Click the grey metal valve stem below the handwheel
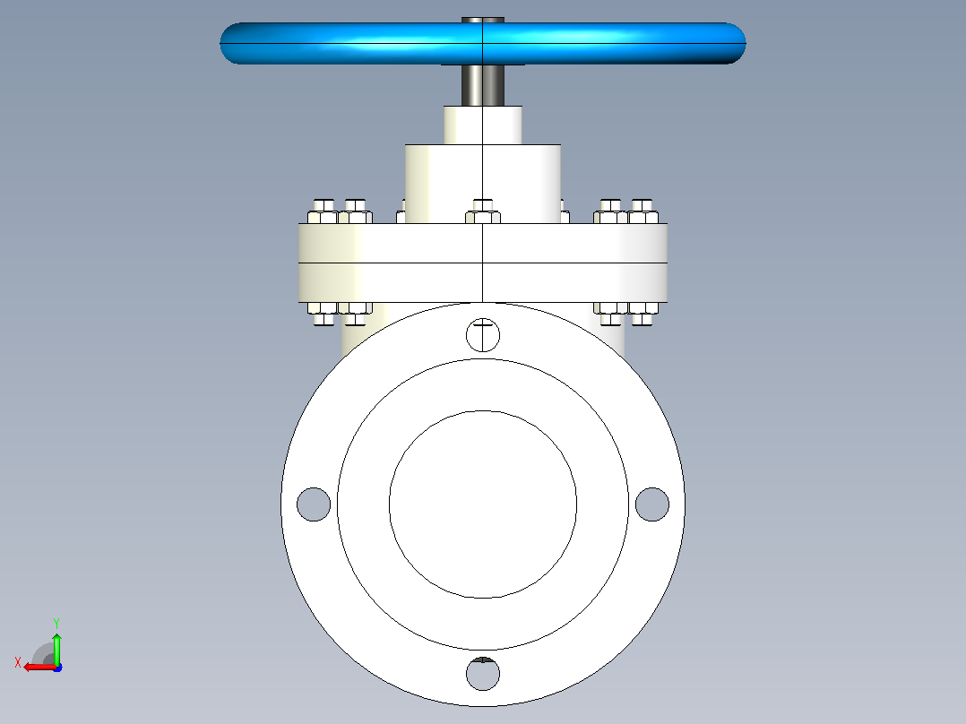(x=483, y=85)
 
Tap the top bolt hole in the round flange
(x=483, y=335)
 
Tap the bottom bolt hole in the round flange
(x=483, y=674)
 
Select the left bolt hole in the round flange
(x=314, y=504)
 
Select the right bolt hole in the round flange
(x=651, y=504)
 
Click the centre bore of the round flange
(x=483, y=504)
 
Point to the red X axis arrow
(x=40, y=667)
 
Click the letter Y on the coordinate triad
(x=56, y=623)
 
